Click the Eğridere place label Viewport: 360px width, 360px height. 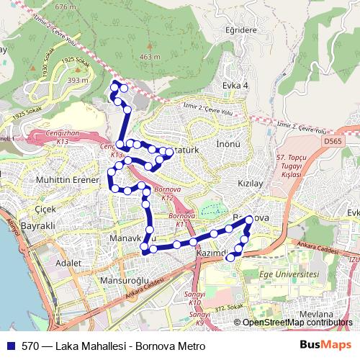[x=240, y=30]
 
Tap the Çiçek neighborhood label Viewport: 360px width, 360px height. [x=45, y=207]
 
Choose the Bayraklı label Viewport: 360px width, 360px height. [x=39, y=226]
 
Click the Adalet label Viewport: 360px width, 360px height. [x=68, y=264]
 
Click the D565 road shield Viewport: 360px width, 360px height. [x=333, y=141]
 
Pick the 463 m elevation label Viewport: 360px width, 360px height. [x=150, y=57]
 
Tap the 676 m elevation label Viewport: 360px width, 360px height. [x=66, y=6]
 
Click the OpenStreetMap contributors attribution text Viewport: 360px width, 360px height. [x=297, y=323]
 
